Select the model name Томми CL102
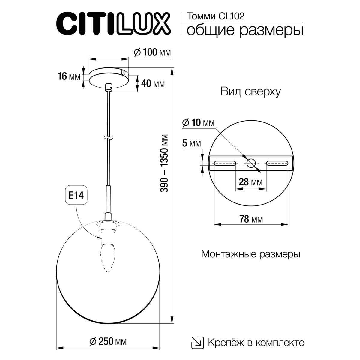[x=215, y=16]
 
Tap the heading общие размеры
[x=244, y=31]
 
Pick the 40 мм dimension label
[x=153, y=84]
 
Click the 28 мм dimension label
[x=250, y=182]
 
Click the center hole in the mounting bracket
[x=251, y=163]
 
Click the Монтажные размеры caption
[x=250, y=254]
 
